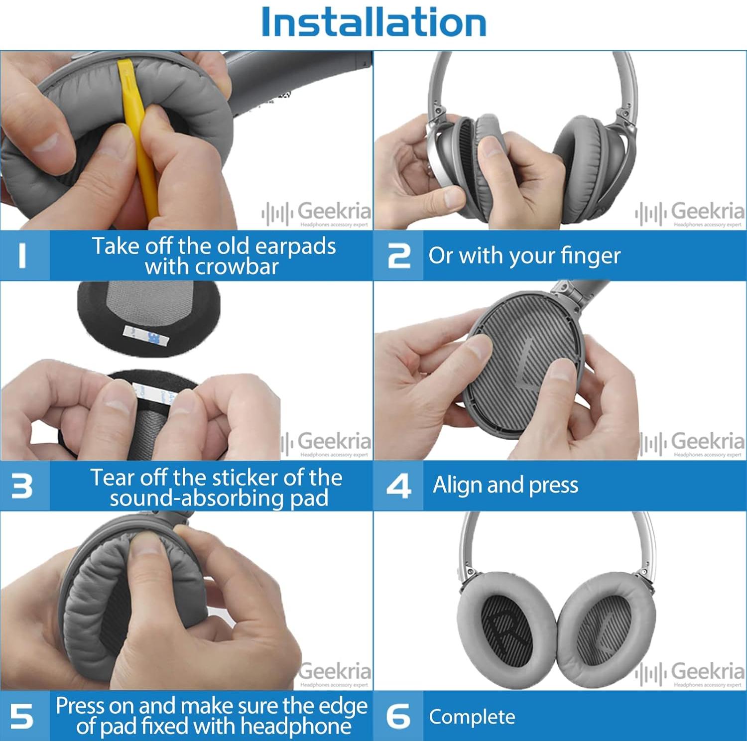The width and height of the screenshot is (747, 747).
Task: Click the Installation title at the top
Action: (373, 23)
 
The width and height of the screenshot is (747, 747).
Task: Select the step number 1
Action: (22, 255)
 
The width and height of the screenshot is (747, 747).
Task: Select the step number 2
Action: (399, 255)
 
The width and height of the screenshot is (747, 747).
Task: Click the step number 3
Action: (22, 486)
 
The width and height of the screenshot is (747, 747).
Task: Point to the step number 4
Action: (399, 486)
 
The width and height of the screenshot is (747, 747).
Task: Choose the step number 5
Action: (22, 716)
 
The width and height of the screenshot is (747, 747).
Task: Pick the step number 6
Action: (399, 716)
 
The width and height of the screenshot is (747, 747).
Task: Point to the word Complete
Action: (472, 717)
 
